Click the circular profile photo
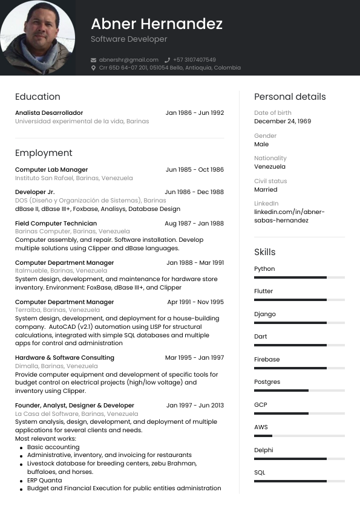[x=38, y=37]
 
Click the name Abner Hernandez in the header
[x=157, y=24]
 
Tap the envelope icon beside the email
[x=93, y=60]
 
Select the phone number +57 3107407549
[x=194, y=60]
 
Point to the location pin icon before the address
[x=93, y=68]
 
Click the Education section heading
[x=38, y=97]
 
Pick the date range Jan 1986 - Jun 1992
[x=194, y=113]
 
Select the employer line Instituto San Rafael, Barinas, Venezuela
[x=74, y=178]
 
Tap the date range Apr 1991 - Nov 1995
[x=195, y=302]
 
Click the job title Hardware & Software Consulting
[x=64, y=358]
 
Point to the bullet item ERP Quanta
[x=44, y=481]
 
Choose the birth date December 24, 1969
[x=283, y=122]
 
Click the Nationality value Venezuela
[x=270, y=167]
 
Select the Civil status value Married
[x=266, y=189]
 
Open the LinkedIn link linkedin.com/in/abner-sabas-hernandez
[x=289, y=216]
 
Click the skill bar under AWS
[x=299, y=436]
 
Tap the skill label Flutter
[x=263, y=291]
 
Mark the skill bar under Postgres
[x=299, y=391]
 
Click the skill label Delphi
[x=263, y=450]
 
